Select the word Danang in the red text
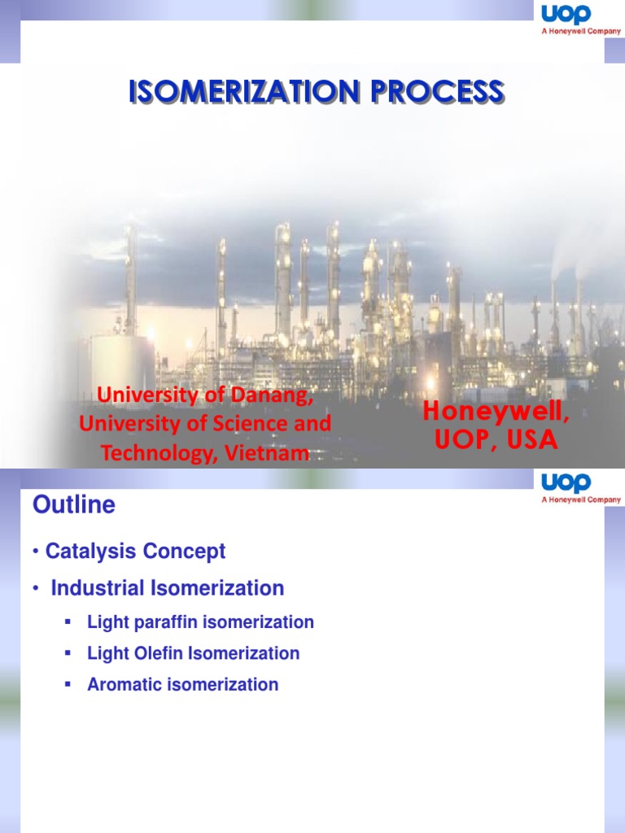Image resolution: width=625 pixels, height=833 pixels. [276, 395]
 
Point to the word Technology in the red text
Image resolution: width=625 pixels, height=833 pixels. [152, 454]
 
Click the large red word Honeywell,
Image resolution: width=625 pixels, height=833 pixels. [496, 413]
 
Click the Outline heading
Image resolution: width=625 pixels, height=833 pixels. [73, 505]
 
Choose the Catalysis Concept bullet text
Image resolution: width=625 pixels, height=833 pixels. [135, 552]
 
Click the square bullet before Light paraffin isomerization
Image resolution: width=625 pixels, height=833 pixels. [68, 622]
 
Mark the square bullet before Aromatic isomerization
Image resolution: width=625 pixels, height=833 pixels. [68, 684]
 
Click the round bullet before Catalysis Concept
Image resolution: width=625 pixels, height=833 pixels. [37, 552]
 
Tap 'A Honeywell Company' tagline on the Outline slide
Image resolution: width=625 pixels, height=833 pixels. [581, 499]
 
